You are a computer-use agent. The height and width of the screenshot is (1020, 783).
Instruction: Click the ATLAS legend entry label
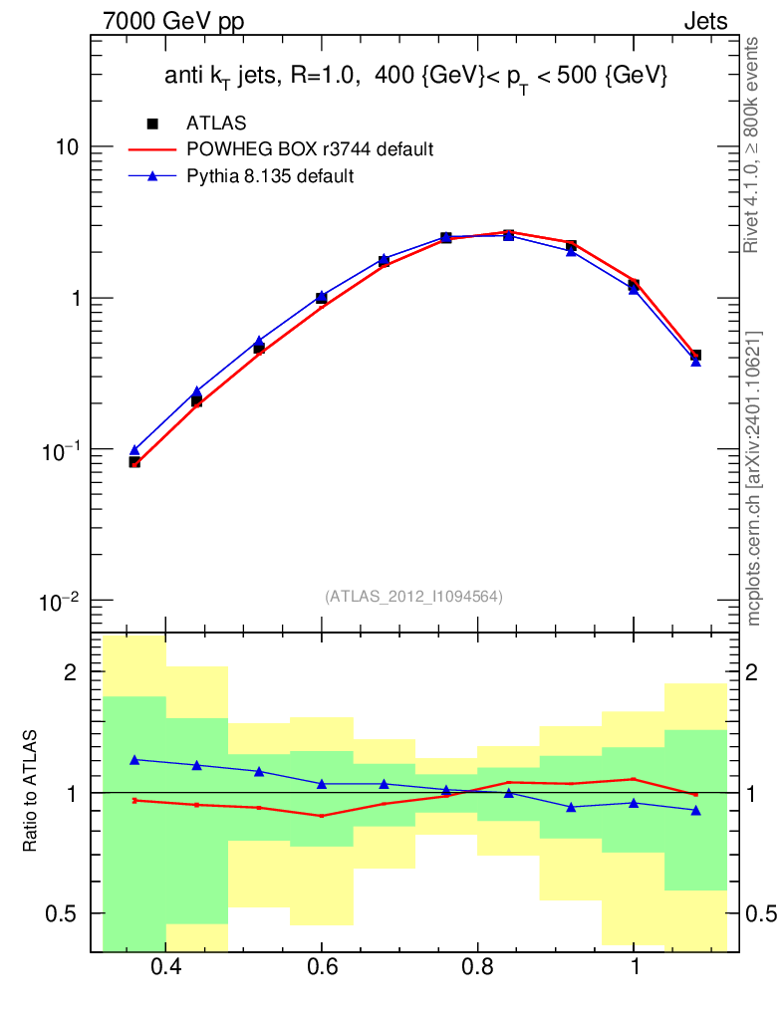click(x=216, y=123)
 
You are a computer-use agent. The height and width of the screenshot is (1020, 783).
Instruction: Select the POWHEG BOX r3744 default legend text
click(x=310, y=149)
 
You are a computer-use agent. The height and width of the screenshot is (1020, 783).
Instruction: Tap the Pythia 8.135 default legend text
click(x=270, y=176)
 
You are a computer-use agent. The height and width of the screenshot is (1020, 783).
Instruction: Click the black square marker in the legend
click(x=152, y=124)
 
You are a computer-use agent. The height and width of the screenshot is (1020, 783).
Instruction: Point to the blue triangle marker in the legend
click(x=152, y=175)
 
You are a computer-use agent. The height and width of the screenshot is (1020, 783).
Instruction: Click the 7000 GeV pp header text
click(x=173, y=22)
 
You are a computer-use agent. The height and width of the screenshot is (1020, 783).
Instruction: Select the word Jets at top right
click(x=705, y=22)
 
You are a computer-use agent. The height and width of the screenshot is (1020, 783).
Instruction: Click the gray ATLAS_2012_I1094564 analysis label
click(x=413, y=597)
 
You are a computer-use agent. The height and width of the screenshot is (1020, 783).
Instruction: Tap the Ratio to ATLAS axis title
click(x=30, y=791)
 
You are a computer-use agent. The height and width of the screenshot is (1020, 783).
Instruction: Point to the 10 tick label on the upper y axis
click(x=67, y=147)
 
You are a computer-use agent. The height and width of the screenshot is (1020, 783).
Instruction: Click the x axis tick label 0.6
click(x=322, y=966)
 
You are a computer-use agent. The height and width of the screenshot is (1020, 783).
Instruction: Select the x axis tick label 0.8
click(x=478, y=966)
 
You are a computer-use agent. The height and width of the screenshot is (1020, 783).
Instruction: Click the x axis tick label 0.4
click(x=165, y=966)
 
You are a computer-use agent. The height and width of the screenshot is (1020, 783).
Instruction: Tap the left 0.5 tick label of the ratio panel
click(x=60, y=914)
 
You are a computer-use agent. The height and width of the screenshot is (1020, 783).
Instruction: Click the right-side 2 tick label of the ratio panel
click(x=751, y=672)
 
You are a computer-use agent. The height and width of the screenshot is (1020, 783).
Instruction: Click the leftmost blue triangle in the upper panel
click(x=134, y=450)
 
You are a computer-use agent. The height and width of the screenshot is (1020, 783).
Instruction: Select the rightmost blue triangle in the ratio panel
click(x=696, y=811)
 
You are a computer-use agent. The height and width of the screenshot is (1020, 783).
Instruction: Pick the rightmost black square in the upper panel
click(x=696, y=356)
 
